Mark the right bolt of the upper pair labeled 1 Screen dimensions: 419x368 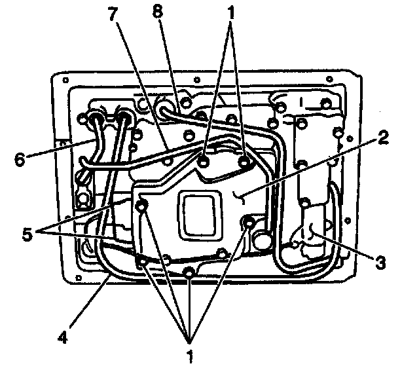coord(244,160)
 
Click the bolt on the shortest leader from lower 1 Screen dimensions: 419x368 coord(189,272)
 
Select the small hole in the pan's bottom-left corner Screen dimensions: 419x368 coord(79,279)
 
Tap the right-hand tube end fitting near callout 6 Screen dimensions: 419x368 coord(123,119)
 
